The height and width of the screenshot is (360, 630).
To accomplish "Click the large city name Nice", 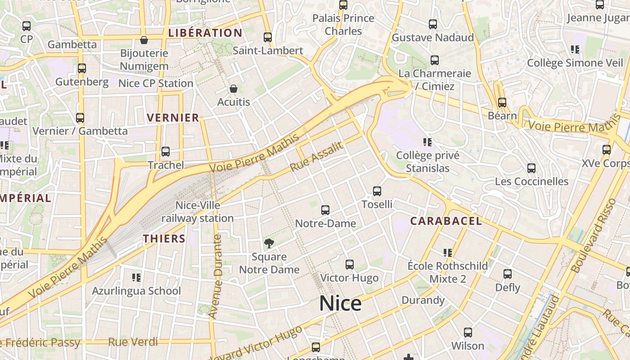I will tap(340, 304).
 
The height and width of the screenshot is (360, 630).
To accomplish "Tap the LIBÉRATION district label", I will tap(205, 33).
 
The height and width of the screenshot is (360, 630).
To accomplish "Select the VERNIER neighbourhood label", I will tap(173, 118).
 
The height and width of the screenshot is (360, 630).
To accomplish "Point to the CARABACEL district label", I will tap(446, 221).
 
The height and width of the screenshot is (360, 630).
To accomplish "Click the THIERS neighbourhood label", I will tap(164, 238).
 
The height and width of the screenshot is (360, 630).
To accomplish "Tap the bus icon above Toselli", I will tap(377, 191).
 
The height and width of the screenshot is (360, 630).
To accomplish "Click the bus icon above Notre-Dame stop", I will tap(325, 210).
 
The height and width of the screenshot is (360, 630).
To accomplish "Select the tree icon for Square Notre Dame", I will tap(269, 244).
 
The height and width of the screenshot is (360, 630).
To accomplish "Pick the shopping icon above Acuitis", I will tap(233, 89).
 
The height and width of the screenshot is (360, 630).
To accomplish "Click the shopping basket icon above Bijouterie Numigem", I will tap(144, 40).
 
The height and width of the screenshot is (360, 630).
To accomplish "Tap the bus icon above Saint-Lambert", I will tap(268, 37).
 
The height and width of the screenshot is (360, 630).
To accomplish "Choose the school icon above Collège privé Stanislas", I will tap(427, 143).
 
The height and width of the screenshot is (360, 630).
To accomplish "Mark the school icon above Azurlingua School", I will tap(136, 278).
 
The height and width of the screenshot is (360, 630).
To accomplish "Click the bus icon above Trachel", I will tap(166, 152).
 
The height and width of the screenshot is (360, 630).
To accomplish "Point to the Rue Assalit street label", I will tap(317, 157).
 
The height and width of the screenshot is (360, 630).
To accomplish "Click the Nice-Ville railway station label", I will tap(198, 212).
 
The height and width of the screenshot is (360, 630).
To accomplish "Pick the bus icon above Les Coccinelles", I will tap(531, 168).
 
